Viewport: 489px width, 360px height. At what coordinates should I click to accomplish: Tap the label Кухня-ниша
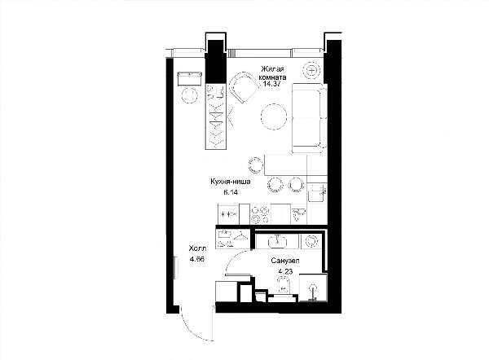[231, 182]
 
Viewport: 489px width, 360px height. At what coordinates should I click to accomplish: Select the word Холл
[197, 248]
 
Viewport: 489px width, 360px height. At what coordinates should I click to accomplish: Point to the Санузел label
[285, 261]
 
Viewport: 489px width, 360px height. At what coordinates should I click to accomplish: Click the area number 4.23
[285, 271]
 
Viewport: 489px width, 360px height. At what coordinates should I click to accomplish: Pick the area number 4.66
[196, 259]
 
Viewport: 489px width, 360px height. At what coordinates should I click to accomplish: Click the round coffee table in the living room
[274, 116]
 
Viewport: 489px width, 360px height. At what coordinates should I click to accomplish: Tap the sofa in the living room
[310, 118]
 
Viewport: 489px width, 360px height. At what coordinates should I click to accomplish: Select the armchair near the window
[244, 87]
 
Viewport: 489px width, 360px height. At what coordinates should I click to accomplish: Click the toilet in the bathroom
[284, 286]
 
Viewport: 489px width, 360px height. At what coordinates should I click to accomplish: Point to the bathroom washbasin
[277, 241]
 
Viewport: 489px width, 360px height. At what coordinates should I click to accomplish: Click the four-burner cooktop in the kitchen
[260, 215]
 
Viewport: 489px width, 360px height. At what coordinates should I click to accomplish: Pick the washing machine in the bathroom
[311, 242]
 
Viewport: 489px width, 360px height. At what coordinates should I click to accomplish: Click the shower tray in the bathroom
[313, 288]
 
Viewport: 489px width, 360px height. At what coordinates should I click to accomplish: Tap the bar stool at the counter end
[255, 165]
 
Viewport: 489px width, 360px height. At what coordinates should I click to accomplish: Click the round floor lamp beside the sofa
[312, 70]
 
